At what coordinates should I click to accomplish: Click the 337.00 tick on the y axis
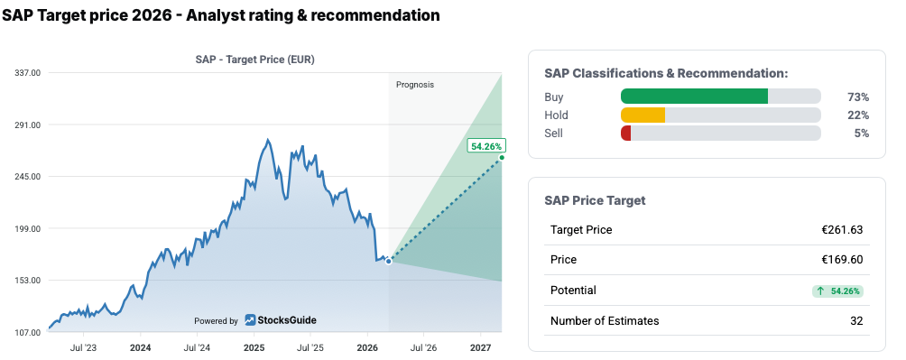point(28,73)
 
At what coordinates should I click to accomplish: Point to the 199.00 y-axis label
point(28,229)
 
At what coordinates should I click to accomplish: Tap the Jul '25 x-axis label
point(310,348)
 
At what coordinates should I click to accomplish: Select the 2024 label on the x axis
point(141,348)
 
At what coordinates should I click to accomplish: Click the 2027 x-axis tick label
point(480,348)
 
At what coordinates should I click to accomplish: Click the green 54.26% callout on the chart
point(486,146)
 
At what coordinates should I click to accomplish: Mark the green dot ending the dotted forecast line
point(502,158)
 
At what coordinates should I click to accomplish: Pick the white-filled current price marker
point(388,261)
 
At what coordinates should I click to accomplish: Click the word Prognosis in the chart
point(415,85)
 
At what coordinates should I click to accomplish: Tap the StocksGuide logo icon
point(250,320)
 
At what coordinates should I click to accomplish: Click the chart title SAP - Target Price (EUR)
point(255,59)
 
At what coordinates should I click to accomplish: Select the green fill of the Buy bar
point(694,97)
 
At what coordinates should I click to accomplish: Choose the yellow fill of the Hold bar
point(643,115)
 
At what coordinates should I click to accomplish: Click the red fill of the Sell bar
point(625,133)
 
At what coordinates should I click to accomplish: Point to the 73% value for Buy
point(858,97)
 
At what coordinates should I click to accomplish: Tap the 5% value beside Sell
point(862,133)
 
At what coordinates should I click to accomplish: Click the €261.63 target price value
point(842,230)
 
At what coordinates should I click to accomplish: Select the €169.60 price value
point(842,260)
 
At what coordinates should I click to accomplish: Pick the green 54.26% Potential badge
point(837,291)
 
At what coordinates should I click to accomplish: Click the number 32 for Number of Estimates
point(856,320)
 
